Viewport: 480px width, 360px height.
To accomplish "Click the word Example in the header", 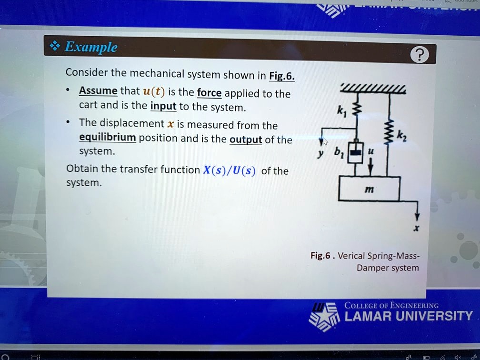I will [x=90, y=47].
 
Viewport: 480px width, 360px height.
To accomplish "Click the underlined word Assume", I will [x=98, y=91].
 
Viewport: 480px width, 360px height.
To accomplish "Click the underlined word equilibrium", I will [x=107, y=138].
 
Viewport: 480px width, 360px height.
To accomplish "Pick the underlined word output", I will [x=246, y=140].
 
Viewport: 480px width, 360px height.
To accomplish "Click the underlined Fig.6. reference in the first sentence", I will [x=282, y=76].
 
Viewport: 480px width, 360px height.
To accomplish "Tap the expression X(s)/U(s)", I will [x=229, y=170].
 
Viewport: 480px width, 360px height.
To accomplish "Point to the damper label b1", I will [x=338, y=152].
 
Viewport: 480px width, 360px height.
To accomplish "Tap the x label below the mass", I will [x=416, y=229].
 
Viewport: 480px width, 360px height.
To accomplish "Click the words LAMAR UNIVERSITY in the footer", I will [x=408, y=316].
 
